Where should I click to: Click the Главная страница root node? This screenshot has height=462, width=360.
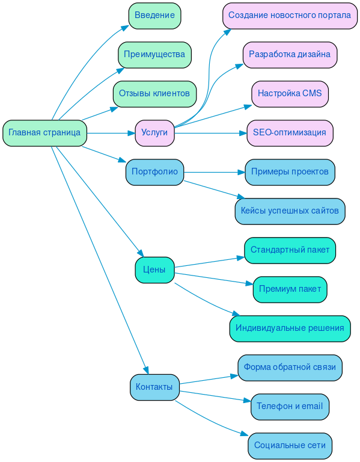coord(44,133)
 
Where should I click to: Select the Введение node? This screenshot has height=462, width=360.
coord(154,16)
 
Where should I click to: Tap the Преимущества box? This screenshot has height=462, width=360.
coord(154,55)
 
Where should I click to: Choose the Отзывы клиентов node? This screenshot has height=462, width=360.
coord(154,94)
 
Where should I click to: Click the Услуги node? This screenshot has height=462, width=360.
coord(154,133)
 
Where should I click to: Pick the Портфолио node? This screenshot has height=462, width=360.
coord(154,172)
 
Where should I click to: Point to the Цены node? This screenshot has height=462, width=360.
coord(154,269)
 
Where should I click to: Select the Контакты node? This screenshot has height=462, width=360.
coord(154,387)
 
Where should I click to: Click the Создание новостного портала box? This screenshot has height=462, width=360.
coord(290,16)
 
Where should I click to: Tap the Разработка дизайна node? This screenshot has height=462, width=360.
coord(290,55)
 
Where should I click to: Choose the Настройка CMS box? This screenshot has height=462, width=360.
coord(290,94)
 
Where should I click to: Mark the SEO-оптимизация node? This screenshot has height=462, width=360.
coord(290,133)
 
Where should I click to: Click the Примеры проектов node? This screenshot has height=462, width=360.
coord(290,172)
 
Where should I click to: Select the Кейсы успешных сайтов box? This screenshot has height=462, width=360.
coord(290,211)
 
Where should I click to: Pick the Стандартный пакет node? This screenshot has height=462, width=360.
coord(290,250)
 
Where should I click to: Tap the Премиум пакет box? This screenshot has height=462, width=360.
coord(290,289)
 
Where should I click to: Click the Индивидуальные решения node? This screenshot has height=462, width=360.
coord(290,328)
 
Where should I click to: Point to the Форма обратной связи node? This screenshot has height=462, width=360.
coord(290,368)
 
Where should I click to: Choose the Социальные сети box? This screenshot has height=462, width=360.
coord(290,446)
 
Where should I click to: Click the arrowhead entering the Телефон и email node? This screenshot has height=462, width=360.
coord(247,401)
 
